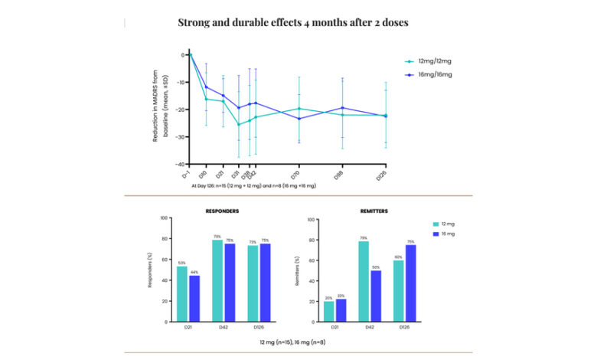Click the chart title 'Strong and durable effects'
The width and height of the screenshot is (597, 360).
[293, 22]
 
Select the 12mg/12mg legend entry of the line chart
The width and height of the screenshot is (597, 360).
[428, 61]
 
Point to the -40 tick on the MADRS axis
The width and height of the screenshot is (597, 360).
[181, 164]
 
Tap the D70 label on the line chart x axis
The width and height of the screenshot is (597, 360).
[295, 175]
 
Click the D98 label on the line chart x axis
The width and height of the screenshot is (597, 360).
[339, 175]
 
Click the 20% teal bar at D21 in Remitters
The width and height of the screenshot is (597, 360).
[329, 311]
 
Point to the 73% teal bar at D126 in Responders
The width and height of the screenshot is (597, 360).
[253, 283]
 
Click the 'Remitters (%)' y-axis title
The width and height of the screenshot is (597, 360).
[297, 270]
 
